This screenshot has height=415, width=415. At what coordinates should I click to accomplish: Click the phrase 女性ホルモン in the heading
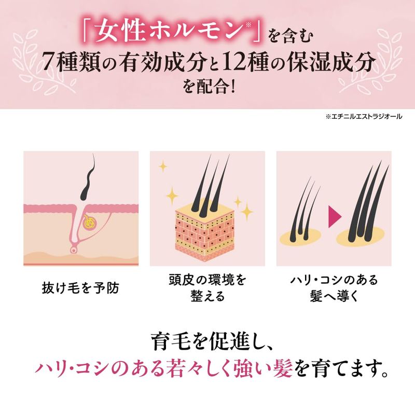point(168,33)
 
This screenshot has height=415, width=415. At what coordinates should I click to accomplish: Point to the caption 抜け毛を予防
point(81,288)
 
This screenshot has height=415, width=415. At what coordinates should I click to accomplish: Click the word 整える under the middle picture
point(208,296)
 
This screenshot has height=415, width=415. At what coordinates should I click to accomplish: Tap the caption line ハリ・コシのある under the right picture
point(334,280)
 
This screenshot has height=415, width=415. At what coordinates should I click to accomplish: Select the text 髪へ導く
point(334,296)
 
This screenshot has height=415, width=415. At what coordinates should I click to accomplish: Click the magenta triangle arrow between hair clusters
point(335,217)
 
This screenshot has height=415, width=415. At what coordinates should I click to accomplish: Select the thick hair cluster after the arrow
point(368,202)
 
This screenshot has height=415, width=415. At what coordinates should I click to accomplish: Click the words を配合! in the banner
point(209,87)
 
